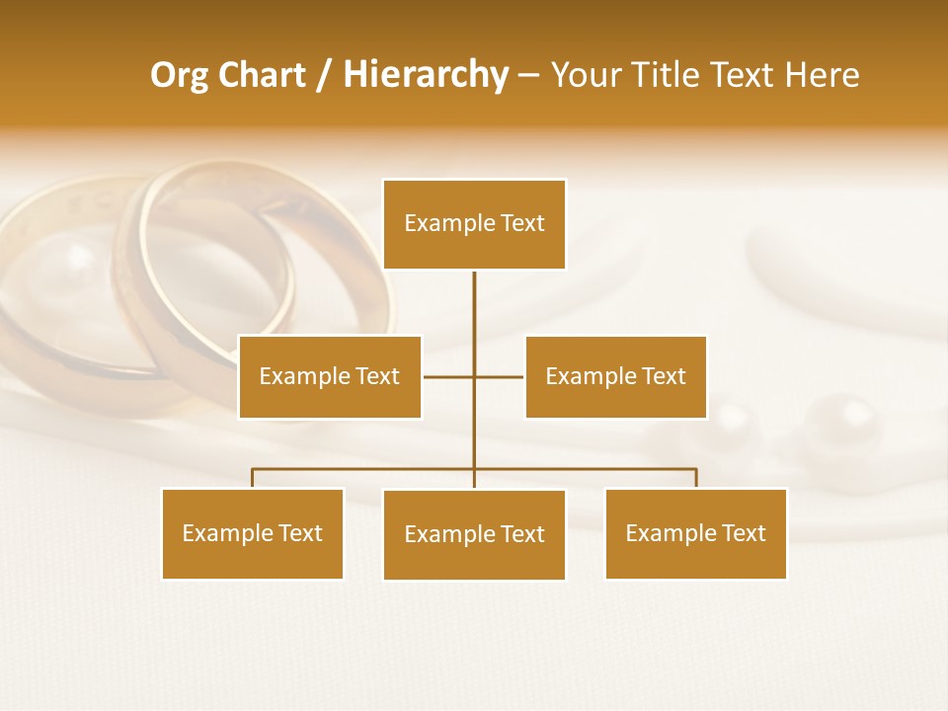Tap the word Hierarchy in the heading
coord(426,75)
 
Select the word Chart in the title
coord(260,75)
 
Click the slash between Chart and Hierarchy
coord(325,76)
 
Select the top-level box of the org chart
coord(474,224)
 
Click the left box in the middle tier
coord(330,376)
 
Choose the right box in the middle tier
coord(615,376)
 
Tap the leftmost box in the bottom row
coord(253,533)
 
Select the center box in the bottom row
coord(474,534)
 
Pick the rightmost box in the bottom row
coord(695,533)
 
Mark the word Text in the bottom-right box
coord(743,533)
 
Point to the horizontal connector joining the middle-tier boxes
coord(499,376)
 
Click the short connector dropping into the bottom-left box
coord(253,478)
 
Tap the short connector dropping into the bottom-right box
coord(696,478)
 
